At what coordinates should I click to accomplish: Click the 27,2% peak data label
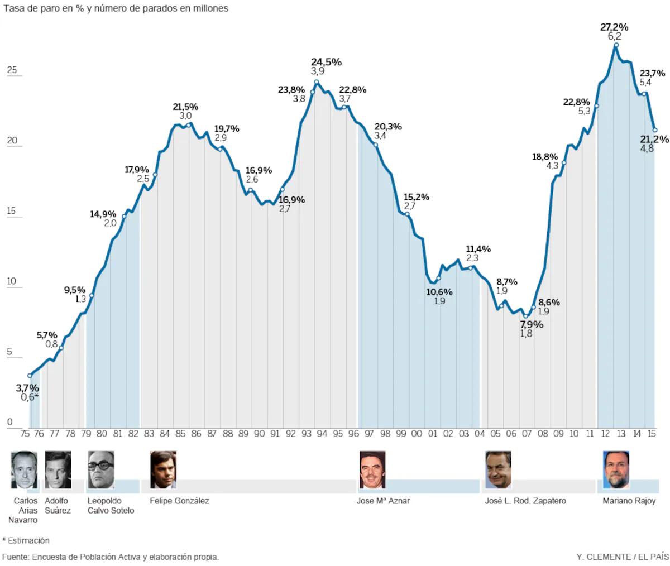(x=614, y=27)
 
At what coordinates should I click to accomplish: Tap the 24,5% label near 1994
(x=326, y=62)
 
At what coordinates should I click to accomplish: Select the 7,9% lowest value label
(x=531, y=324)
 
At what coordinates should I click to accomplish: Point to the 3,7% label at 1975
(x=27, y=388)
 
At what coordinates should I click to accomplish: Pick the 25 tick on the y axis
(x=12, y=70)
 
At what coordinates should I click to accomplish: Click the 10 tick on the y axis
(x=12, y=281)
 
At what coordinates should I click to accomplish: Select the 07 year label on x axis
(x=527, y=433)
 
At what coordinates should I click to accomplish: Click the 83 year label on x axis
(x=149, y=433)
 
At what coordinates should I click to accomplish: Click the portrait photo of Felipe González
(x=163, y=469)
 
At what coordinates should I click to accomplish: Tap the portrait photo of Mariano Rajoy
(x=616, y=469)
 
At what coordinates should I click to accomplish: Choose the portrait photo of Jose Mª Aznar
(x=372, y=469)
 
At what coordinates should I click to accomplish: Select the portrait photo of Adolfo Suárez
(x=58, y=469)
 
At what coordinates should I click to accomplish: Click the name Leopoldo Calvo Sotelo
(x=111, y=506)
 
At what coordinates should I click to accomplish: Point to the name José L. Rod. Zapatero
(x=525, y=501)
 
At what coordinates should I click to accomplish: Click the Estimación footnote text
(x=28, y=540)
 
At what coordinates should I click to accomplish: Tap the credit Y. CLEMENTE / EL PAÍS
(x=622, y=557)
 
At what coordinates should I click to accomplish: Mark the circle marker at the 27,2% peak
(x=616, y=45)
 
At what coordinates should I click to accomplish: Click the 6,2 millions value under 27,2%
(x=614, y=36)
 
